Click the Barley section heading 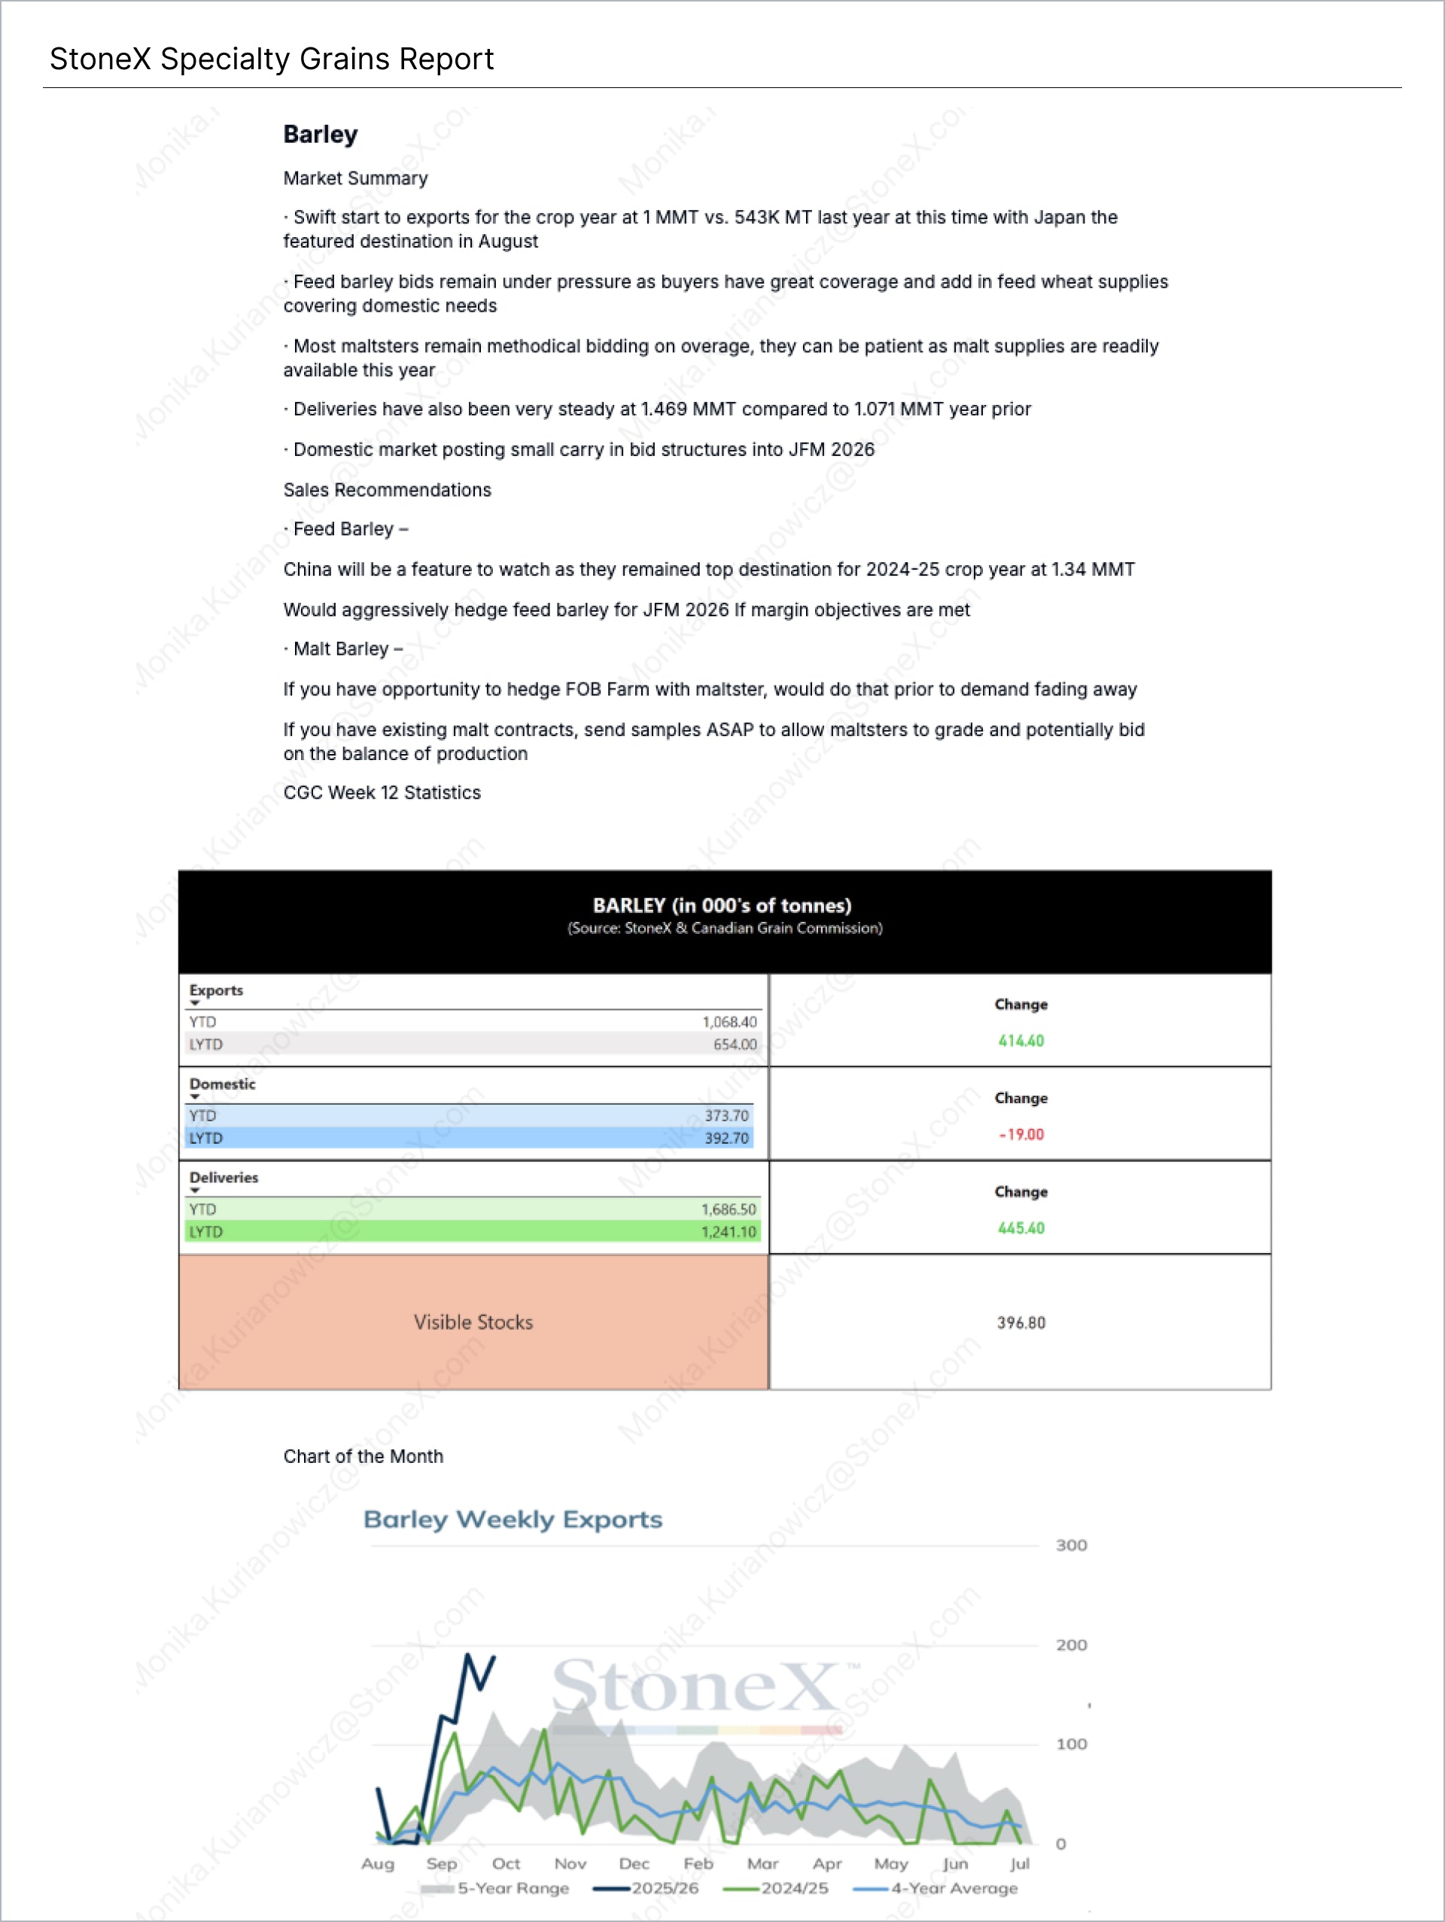[x=321, y=135]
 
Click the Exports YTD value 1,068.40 [x=729, y=1022]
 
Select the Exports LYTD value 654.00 [x=735, y=1045]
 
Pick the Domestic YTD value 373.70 [x=726, y=1116]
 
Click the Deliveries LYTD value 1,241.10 [x=729, y=1232]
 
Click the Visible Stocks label [x=473, y=1322]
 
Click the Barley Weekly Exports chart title [x=512, y=1519]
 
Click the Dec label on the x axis [x=634, y=1864]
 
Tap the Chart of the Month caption [x=364, y=1456]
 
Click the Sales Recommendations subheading [x=387, y=490]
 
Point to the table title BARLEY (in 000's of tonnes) [x=722, y=905]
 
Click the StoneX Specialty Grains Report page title [x=271, y=59]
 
